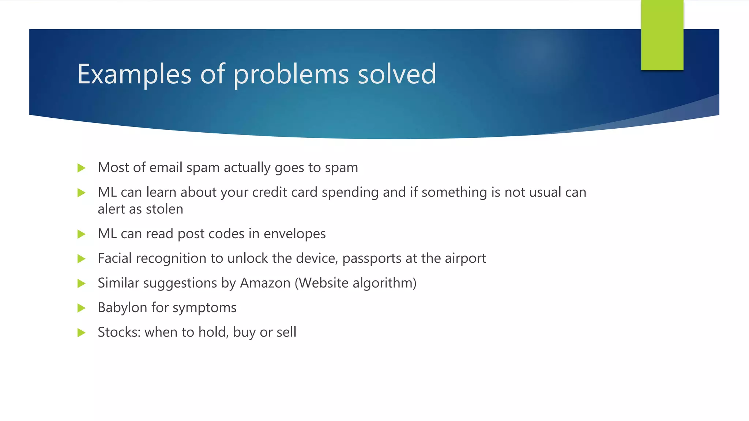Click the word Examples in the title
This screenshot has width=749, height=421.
tap(134, 75)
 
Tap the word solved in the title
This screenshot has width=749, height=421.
tap(397, 75)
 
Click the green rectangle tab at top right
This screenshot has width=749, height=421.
tap(662, 35)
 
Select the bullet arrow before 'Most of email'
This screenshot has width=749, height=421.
tap(82, 168)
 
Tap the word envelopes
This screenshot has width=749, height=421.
tap(294, 234)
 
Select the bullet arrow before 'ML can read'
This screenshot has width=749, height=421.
tap(82, 234)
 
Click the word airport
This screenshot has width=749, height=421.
tap(465, 259)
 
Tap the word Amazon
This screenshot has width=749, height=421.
tap(265, 283)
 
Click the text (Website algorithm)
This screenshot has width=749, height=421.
tap(355, 283)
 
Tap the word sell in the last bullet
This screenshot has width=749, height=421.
tap(286, 332)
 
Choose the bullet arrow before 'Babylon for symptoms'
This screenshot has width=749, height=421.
tap(82, 308)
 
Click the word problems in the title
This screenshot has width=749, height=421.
tap(291, 75)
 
